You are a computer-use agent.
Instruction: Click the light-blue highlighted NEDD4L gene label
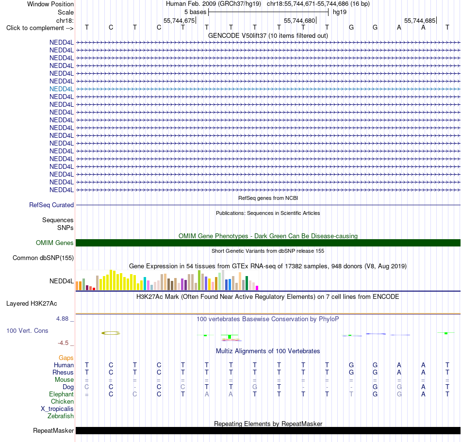[62, 89]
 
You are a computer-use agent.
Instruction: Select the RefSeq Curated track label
[51, 205]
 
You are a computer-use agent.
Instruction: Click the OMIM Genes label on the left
[55, 243]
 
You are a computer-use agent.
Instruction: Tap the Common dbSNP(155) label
[43, 258]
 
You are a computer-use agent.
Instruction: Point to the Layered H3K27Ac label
[32, 304]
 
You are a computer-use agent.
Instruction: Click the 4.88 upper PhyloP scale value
[62, 319]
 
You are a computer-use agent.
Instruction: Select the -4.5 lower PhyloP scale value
[63, 343]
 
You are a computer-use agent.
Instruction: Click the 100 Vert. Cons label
[27, 330]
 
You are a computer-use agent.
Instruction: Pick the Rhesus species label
[63, 372]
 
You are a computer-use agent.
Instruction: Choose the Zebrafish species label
[61, 416]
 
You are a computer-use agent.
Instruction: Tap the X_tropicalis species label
[57, 409]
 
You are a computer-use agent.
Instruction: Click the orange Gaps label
[66, 358]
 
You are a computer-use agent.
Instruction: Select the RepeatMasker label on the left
[53, 430]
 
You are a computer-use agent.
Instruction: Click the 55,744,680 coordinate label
[299, 20]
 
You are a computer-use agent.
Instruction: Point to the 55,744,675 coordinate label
[179, 20]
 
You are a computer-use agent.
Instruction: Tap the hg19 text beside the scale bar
[340, 12]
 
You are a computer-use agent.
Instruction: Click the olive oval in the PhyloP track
[111, 333]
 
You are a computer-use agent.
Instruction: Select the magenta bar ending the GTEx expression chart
[257, 288]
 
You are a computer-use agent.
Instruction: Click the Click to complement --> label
[40, 28]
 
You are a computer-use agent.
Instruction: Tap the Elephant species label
[62, 394]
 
